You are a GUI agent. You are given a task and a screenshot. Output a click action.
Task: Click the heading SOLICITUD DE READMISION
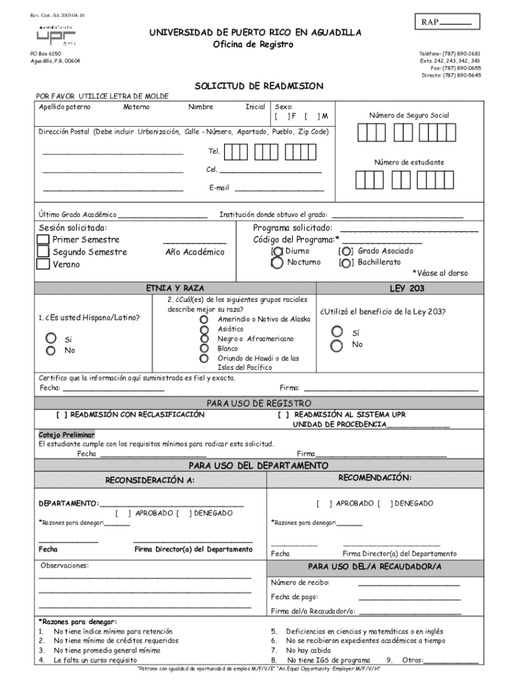[259, 86]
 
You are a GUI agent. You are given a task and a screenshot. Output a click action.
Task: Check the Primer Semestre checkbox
[43, 240]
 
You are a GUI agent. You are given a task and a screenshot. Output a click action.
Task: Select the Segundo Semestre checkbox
[43, 252]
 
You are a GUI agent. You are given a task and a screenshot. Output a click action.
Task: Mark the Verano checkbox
[43, 264]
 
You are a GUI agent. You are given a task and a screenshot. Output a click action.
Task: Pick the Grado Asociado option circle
[346, 251]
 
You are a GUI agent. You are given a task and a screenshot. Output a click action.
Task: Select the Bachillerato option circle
[346, 262]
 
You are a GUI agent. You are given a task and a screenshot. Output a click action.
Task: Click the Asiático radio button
[204, 329]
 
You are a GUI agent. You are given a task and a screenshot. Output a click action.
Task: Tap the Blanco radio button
[204, 349]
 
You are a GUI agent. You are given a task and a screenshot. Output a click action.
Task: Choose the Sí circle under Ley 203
[337, 331]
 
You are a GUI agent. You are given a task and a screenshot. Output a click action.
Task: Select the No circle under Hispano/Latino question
[50, 350]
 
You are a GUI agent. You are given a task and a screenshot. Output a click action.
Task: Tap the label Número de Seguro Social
[408, 115]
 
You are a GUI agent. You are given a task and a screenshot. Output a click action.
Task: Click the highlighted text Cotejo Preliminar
[66, 435]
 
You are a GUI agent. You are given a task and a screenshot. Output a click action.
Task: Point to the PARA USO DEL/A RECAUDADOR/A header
[374, 567]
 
